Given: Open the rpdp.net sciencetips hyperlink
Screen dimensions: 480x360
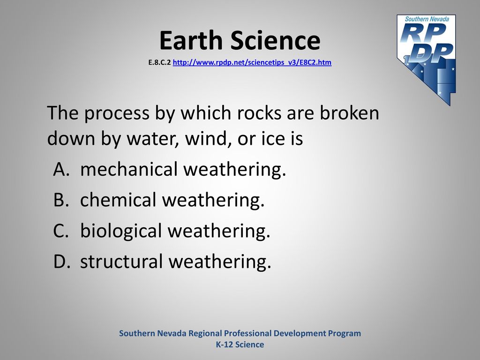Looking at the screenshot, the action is (x=252, y=62).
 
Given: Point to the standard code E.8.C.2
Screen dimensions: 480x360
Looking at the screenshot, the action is (x=159, y=62).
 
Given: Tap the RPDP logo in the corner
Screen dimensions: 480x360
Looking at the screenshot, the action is (x=426, y=60).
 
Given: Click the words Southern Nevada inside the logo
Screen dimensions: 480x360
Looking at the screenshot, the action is (x=427, y=19).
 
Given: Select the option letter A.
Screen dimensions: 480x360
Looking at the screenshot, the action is (x=61, y=169).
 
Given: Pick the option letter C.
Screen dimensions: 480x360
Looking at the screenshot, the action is (x=60, y=231).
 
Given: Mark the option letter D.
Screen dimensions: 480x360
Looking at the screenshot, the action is (x=62, y=262).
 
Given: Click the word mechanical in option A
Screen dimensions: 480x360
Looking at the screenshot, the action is (x=129, y=169).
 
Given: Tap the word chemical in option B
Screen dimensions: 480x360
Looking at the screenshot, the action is (x=118, y=200).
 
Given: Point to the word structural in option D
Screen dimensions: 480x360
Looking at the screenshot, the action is (x=121, y=261).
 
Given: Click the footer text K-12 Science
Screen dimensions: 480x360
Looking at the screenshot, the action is (x=240, y=345).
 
